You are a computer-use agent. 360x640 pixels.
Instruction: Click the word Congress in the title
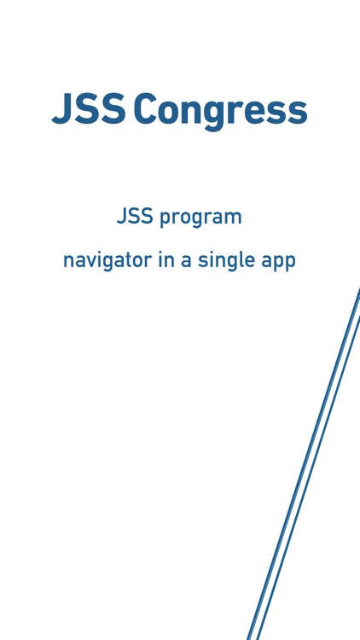coord(220,110)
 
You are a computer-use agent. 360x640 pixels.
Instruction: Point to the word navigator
coord(107,260)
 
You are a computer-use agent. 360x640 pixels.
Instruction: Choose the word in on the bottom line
coord(165,259)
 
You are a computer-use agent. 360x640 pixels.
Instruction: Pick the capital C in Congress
coord(147,110)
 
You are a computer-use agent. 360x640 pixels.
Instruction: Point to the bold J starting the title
coord(60,110)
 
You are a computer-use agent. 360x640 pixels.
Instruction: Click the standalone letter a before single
coord(185,260)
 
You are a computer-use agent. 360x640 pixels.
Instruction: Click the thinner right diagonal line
coord(311,478)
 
